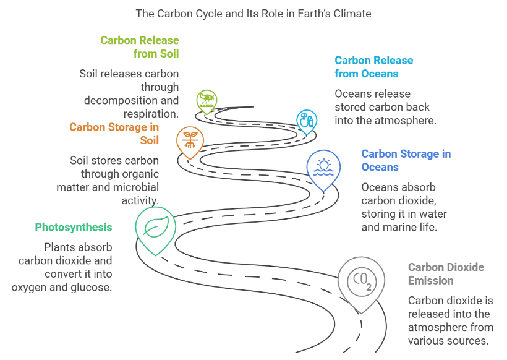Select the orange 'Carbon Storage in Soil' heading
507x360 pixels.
(x=114, y=133)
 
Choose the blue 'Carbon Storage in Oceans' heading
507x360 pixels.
(x=407, y=160)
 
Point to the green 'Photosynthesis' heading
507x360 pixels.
(x=74, y=227)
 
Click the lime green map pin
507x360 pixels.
(x=206, y=101)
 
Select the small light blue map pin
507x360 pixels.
(x=305, y=121)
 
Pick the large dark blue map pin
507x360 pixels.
(x=323, y=168)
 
